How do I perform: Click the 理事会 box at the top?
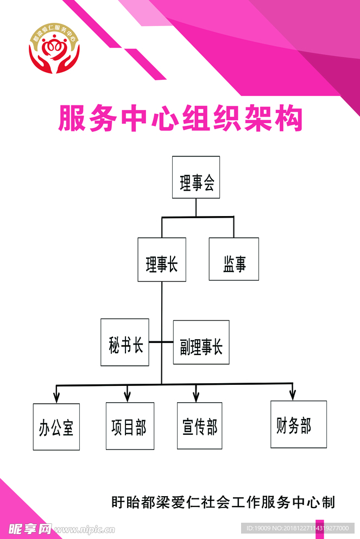tap(196, 177)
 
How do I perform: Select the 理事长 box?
tap(162, 259)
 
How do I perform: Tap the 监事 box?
tap(234, 259)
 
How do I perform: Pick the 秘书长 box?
tap(125, 342)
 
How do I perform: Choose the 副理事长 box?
tap(201, 343)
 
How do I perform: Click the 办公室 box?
tap(56, 427)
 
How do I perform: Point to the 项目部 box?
tap(130, 426)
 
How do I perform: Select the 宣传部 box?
tap(199, 426)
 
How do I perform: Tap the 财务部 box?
tap(299, 424)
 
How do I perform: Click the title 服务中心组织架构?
tap(180, 119)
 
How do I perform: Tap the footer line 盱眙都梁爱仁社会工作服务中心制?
tap(223, 502)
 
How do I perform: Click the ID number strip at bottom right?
tap(298, 528)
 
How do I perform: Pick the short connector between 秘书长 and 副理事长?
tap(161, 342)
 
